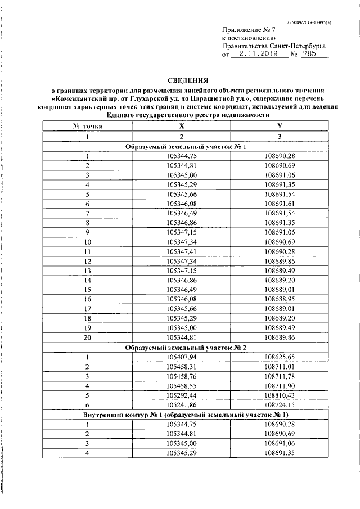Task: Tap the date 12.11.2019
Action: click(256, 55)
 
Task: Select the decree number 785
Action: click(309, 55)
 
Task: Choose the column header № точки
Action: click(87, 127)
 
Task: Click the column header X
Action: click(181, 127)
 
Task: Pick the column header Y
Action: click(279, 127)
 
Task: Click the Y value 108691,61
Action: click(279, 203)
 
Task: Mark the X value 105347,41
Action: click(181, 251)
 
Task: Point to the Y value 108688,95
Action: click(279, 299)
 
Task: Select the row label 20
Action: click(87, 338)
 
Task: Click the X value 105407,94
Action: click(181, 357)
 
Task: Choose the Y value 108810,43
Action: click(279, 396)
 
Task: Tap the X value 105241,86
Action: click(181, 406)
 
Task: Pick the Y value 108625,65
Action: click(279, 357)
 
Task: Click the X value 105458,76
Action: click(181, 376)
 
